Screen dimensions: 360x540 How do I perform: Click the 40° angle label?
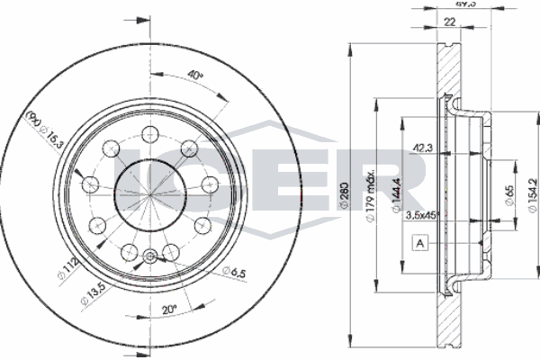coord(195,75)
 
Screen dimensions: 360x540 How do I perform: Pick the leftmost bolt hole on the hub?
coord(91,184)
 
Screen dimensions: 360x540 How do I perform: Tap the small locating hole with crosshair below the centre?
coord(149,258)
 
